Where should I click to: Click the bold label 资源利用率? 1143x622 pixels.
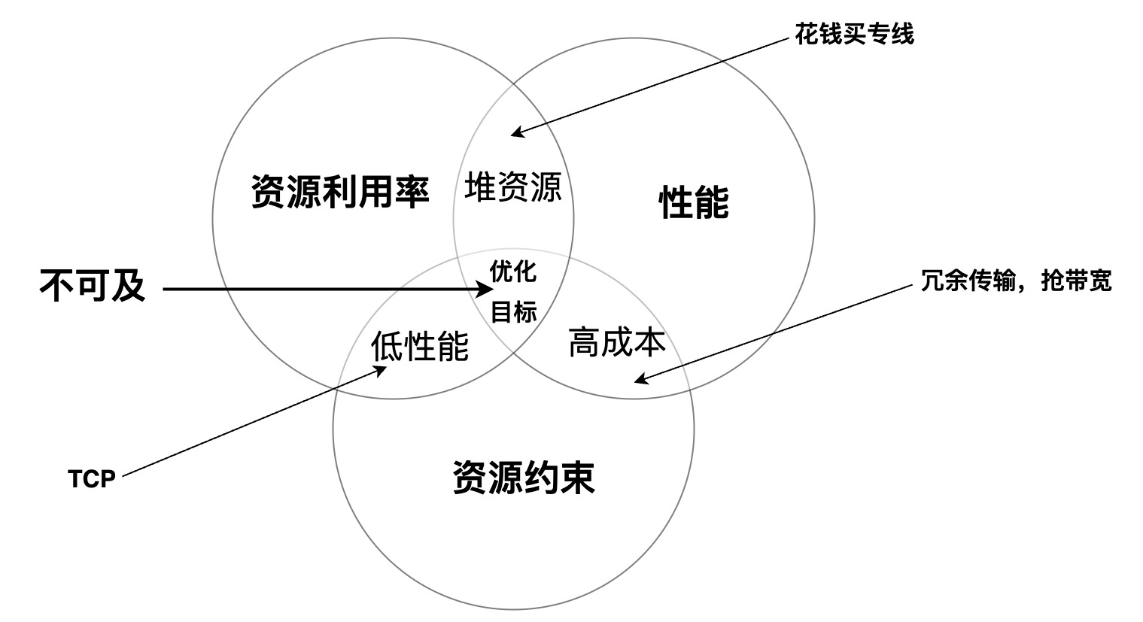pos(339,193)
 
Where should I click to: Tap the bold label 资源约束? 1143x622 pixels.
pos(524,477)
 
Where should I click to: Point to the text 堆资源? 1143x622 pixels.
pos(513,187)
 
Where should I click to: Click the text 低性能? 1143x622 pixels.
pos(420,345)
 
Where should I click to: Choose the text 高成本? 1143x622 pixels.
pos(616,342)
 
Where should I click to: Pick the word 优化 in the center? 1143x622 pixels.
pos(513,271)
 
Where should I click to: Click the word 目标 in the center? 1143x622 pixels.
pos(513,311)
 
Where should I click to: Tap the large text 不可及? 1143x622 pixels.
pos(92,286)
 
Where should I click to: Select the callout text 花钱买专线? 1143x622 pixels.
pos(854,34)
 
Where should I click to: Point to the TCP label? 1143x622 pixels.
pos(92,479)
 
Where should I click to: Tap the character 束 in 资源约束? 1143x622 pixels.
pos(577,477)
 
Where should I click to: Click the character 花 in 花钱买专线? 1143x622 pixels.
pos(806,34)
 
